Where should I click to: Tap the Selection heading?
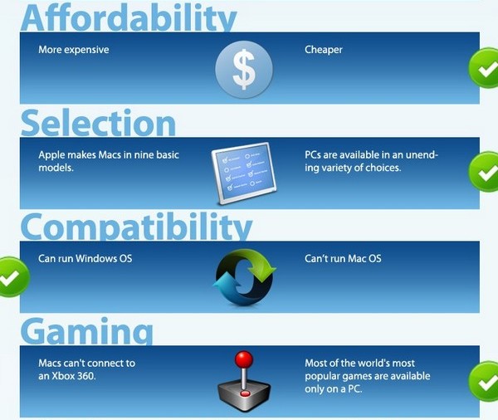click(98, 122)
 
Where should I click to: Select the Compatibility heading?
click(136, 226)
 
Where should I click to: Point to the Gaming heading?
click(87, 331)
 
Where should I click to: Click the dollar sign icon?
click(244, 70)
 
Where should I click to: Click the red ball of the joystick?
click(244, 359)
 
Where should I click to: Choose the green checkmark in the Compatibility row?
click(12, 277)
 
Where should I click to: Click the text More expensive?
click(73, 50)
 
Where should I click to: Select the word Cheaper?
click(324, 50)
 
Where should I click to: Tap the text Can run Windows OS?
click(85, 259)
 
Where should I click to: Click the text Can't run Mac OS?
click(343, 259)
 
